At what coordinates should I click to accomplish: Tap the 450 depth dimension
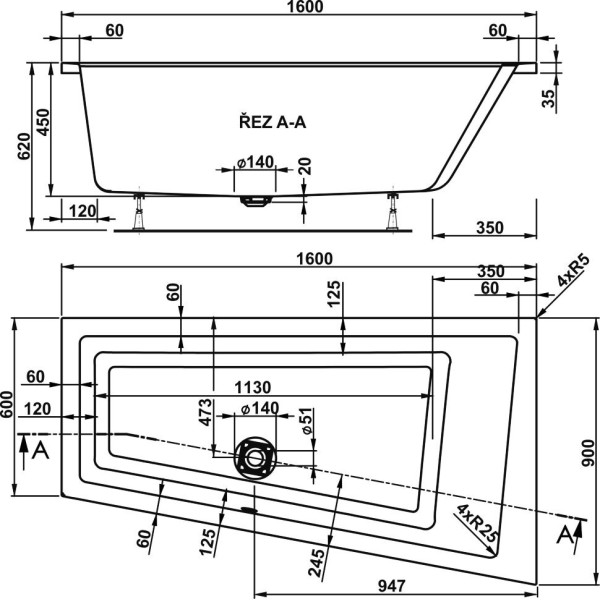tap(42, 121)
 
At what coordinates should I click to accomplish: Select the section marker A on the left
tap(39, 451)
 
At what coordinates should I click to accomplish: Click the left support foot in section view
tap(139, 210)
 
